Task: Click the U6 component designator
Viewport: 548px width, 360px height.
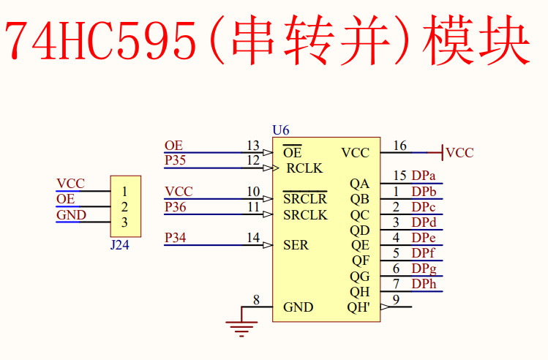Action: pyautogui.click(x=280, y=130)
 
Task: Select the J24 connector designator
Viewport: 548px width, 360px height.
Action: pyautogui.click(x=119, y=245)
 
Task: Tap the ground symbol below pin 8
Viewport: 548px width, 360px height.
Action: pyautogui.click(x=241, y=326)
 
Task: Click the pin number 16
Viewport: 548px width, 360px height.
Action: pyautogui.click(x=399, y=146)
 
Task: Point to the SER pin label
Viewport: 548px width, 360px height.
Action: pyautogui.click(x=296, y=245)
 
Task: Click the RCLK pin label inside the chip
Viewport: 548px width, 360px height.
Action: pyautogui.click(x=304, y=169)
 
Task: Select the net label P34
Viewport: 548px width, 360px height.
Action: pyautogui.click(x=175, y=237)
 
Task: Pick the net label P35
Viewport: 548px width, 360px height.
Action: pyautogui.click(x=175, y=160)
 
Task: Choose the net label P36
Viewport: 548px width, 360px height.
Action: pyautogui.click(x=175, y=207)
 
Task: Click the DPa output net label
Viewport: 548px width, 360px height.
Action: pyautogui.click(x=424, y=176)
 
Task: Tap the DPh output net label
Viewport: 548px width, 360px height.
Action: pyautogui.click(x=424, y=284)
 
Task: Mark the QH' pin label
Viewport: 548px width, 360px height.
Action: pyautogui.click(x=359, y=307)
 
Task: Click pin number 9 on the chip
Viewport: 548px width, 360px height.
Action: pyautogui.click(x=396, y=299)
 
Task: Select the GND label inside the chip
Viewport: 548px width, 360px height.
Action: pyautogui.click(x=298, y=307)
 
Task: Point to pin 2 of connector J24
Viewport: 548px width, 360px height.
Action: pyautogui.click(x=125, y=207)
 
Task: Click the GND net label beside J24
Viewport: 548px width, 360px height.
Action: pyautogui.click(x=71, y=215)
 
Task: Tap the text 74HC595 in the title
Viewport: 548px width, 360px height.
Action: pyautogui.click(x=102, y=42)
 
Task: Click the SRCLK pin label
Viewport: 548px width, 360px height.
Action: pyautogui.click(x=305, y=215)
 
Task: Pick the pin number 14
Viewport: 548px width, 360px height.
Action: pyautogui.click(x=253, y=237)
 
